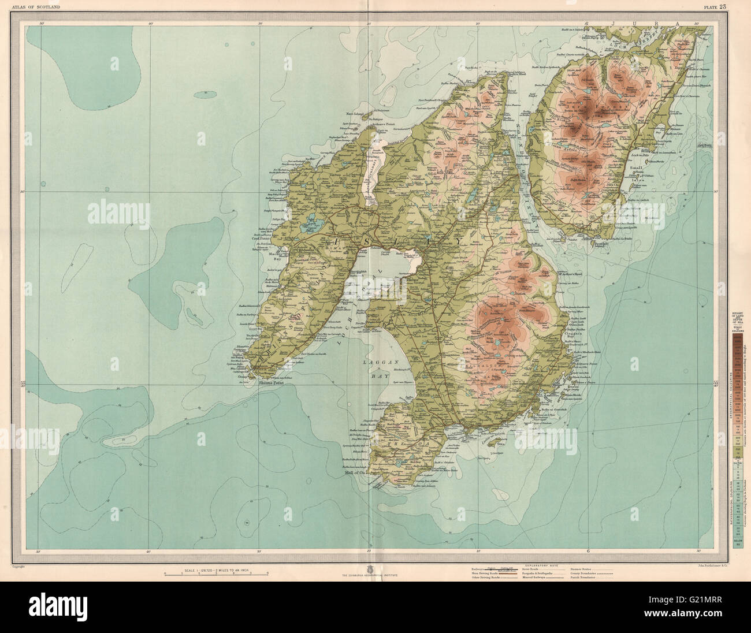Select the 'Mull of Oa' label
[x=352, y=471]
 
